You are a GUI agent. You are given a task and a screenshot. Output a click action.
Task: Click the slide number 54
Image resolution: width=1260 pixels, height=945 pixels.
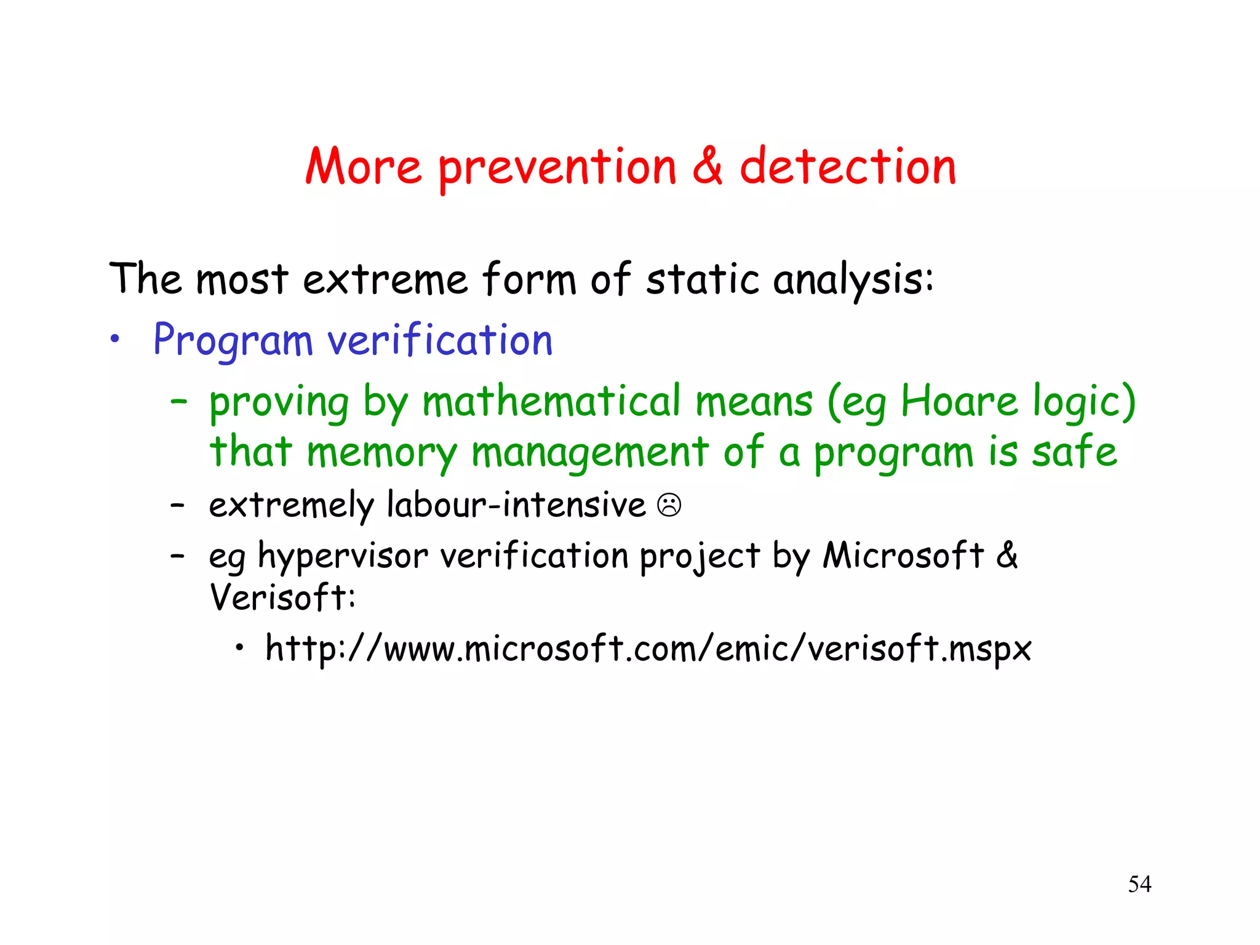(x=1139, y=884)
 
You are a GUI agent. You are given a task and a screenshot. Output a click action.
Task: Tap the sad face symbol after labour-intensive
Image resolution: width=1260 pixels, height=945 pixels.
(x=669, y=505)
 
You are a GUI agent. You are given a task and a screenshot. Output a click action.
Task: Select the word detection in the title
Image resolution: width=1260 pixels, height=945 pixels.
(x=848, y=167)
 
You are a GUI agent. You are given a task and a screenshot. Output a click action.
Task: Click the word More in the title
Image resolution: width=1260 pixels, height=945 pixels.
(x=364, y=167)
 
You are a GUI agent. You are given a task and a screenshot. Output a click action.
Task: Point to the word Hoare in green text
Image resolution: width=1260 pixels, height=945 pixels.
(x=959, y=402)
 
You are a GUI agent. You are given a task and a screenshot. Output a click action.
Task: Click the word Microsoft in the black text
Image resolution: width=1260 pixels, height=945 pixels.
(x=903, y=555)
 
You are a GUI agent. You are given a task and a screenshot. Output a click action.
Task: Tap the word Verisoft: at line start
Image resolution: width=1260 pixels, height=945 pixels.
(x=282, y=597)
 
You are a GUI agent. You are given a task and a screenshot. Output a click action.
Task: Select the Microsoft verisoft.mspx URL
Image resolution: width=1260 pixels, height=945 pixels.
(x=648, y=649)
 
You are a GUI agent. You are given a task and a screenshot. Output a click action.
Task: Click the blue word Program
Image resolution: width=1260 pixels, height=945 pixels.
(x=233, y=341)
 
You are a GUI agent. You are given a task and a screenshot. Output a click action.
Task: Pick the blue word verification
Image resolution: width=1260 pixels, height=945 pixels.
(x=440, y=340)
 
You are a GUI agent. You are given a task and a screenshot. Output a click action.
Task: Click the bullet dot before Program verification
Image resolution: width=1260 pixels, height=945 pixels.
(x=114, y=338)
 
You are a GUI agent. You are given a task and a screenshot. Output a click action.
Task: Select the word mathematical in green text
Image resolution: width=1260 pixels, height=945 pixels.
(x=552, y=402)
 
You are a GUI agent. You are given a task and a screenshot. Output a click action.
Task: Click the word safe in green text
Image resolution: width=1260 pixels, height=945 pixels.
(x=1074, y=452)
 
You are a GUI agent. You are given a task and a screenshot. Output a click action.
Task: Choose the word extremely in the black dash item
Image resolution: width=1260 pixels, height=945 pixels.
(x=291, y=506)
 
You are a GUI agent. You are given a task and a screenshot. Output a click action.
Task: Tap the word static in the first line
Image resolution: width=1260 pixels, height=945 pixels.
(x=702, y=279)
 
